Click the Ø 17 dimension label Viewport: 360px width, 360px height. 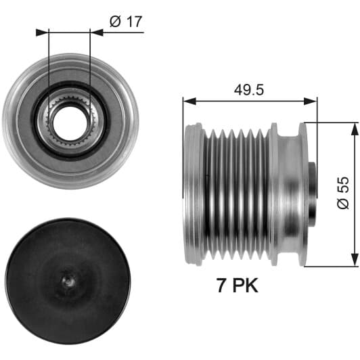[126, 22]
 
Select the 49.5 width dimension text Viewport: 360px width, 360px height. [249, 90]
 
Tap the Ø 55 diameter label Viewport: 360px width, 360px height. [343, 192]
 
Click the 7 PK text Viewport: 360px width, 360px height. [238, 285]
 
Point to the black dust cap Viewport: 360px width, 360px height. [68, 282]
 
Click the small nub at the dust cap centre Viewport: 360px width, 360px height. [68, 281]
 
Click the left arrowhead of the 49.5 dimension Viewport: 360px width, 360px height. [189, 101]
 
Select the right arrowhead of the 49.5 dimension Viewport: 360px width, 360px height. [310, 101]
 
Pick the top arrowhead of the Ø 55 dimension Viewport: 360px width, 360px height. [355, 131]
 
